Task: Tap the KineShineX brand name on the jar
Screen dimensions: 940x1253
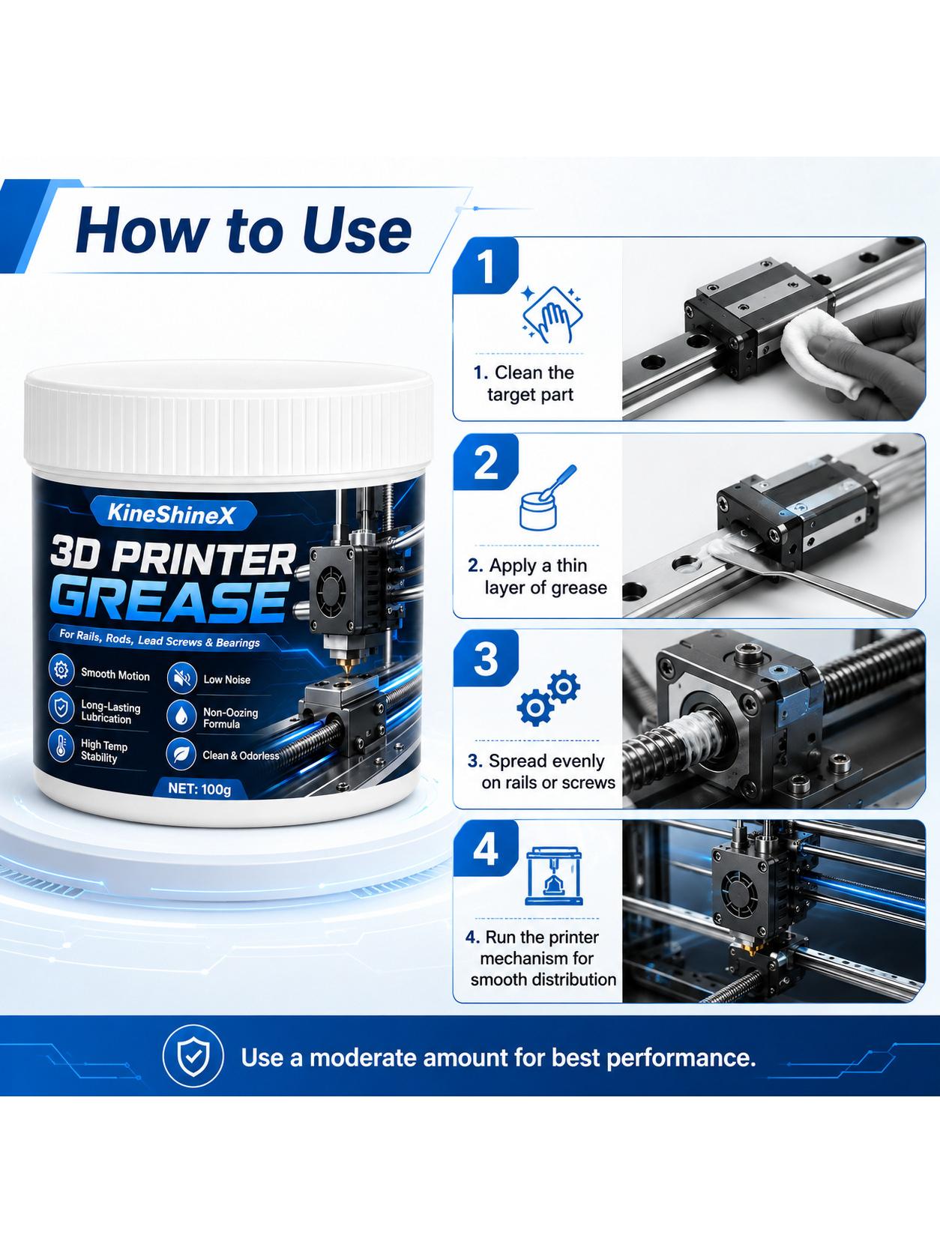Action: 171,514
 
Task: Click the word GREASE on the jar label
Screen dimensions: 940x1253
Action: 171,603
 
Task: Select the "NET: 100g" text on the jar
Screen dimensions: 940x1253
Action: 199,789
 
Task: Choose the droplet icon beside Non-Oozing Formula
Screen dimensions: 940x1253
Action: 181,716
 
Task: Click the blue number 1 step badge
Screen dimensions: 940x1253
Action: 486,266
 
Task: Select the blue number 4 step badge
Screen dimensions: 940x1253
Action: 486,849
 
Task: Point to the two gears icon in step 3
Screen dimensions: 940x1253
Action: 549,698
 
